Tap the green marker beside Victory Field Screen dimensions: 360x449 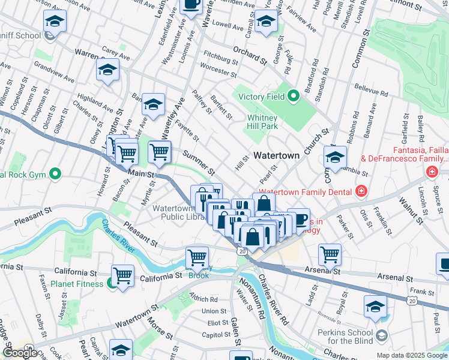(x=294, y=95)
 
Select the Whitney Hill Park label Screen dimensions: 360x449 (x=262, y=122)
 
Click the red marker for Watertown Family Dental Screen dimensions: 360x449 (x=361, y=191)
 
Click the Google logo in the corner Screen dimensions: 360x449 (x=20, y=353)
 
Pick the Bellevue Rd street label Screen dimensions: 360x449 (x=370, y=91)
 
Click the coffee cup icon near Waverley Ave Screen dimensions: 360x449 (x=190, y=5)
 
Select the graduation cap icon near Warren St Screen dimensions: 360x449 (x=107, y=70)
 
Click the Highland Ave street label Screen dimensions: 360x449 (x=95, y=100)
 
